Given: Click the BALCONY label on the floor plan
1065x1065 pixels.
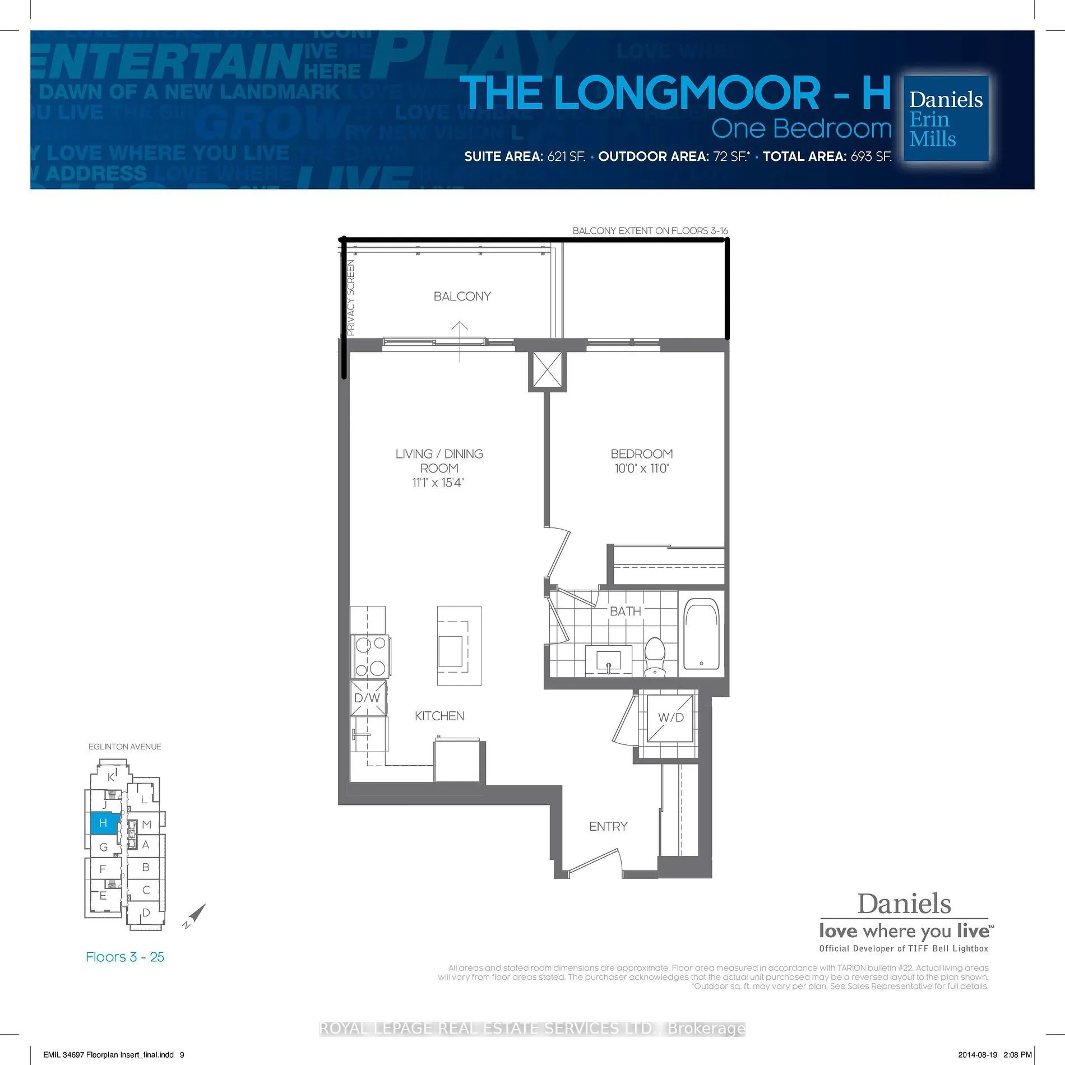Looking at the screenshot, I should pos(462,296).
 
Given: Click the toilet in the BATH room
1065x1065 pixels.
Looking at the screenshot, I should pos(654,656).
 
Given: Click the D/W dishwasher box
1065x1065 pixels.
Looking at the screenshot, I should pos(368,698).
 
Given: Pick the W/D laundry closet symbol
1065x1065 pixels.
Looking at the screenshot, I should pos(670,717).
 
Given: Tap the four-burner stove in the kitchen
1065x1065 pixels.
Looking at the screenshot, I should pos(371,656).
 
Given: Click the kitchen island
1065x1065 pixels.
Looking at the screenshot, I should pos(459,645).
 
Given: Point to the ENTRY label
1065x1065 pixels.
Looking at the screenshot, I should pos(608,826).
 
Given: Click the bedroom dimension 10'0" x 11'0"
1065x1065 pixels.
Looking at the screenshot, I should pos(642,469).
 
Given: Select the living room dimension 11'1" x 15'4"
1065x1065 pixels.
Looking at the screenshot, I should pos(438,483).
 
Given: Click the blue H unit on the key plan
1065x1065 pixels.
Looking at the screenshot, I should pos(104,823).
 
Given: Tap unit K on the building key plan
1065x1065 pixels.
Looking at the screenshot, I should pos(111,777).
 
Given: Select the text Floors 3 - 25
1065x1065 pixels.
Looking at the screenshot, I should pos(125,957).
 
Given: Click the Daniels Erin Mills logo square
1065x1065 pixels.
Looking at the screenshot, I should pos(946,119).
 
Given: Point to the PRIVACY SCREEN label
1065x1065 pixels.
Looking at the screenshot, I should pos(351,298).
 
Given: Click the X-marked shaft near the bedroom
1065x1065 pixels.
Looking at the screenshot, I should pos(547,371).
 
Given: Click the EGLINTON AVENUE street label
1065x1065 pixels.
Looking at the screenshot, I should pos(125,747).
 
